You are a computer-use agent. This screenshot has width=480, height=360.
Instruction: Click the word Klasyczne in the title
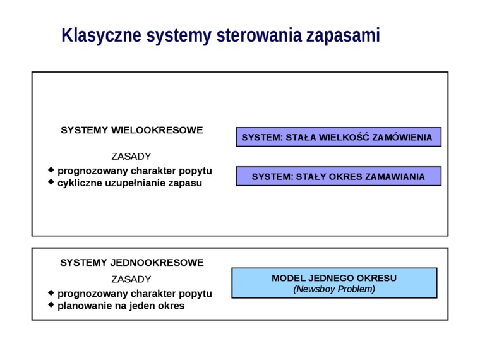(101, 35)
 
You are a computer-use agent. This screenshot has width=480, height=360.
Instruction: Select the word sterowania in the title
(259, 35)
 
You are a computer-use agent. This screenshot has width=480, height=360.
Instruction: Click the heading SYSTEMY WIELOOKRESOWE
(131, 130)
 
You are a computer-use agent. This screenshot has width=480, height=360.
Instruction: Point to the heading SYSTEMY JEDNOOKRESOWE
(131, 263)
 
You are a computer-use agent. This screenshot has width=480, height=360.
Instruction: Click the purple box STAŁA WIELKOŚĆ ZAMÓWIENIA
(339, 137)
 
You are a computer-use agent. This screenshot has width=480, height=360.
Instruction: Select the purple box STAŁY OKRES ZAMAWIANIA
(339, 176)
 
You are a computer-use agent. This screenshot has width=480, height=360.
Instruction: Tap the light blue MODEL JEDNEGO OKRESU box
(334, 283)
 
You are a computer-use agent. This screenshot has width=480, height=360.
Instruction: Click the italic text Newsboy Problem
(334, 289)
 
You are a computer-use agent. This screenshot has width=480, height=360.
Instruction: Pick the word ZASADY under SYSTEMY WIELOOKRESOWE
(131, 157)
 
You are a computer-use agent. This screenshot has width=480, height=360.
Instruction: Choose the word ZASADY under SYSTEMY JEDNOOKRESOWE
(131, 279)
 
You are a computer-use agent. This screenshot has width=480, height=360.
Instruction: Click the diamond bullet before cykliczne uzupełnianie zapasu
(51, 182)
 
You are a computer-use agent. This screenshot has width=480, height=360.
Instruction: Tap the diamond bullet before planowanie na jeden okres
(51, 305)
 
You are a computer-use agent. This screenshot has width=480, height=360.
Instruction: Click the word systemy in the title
(179, 36)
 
